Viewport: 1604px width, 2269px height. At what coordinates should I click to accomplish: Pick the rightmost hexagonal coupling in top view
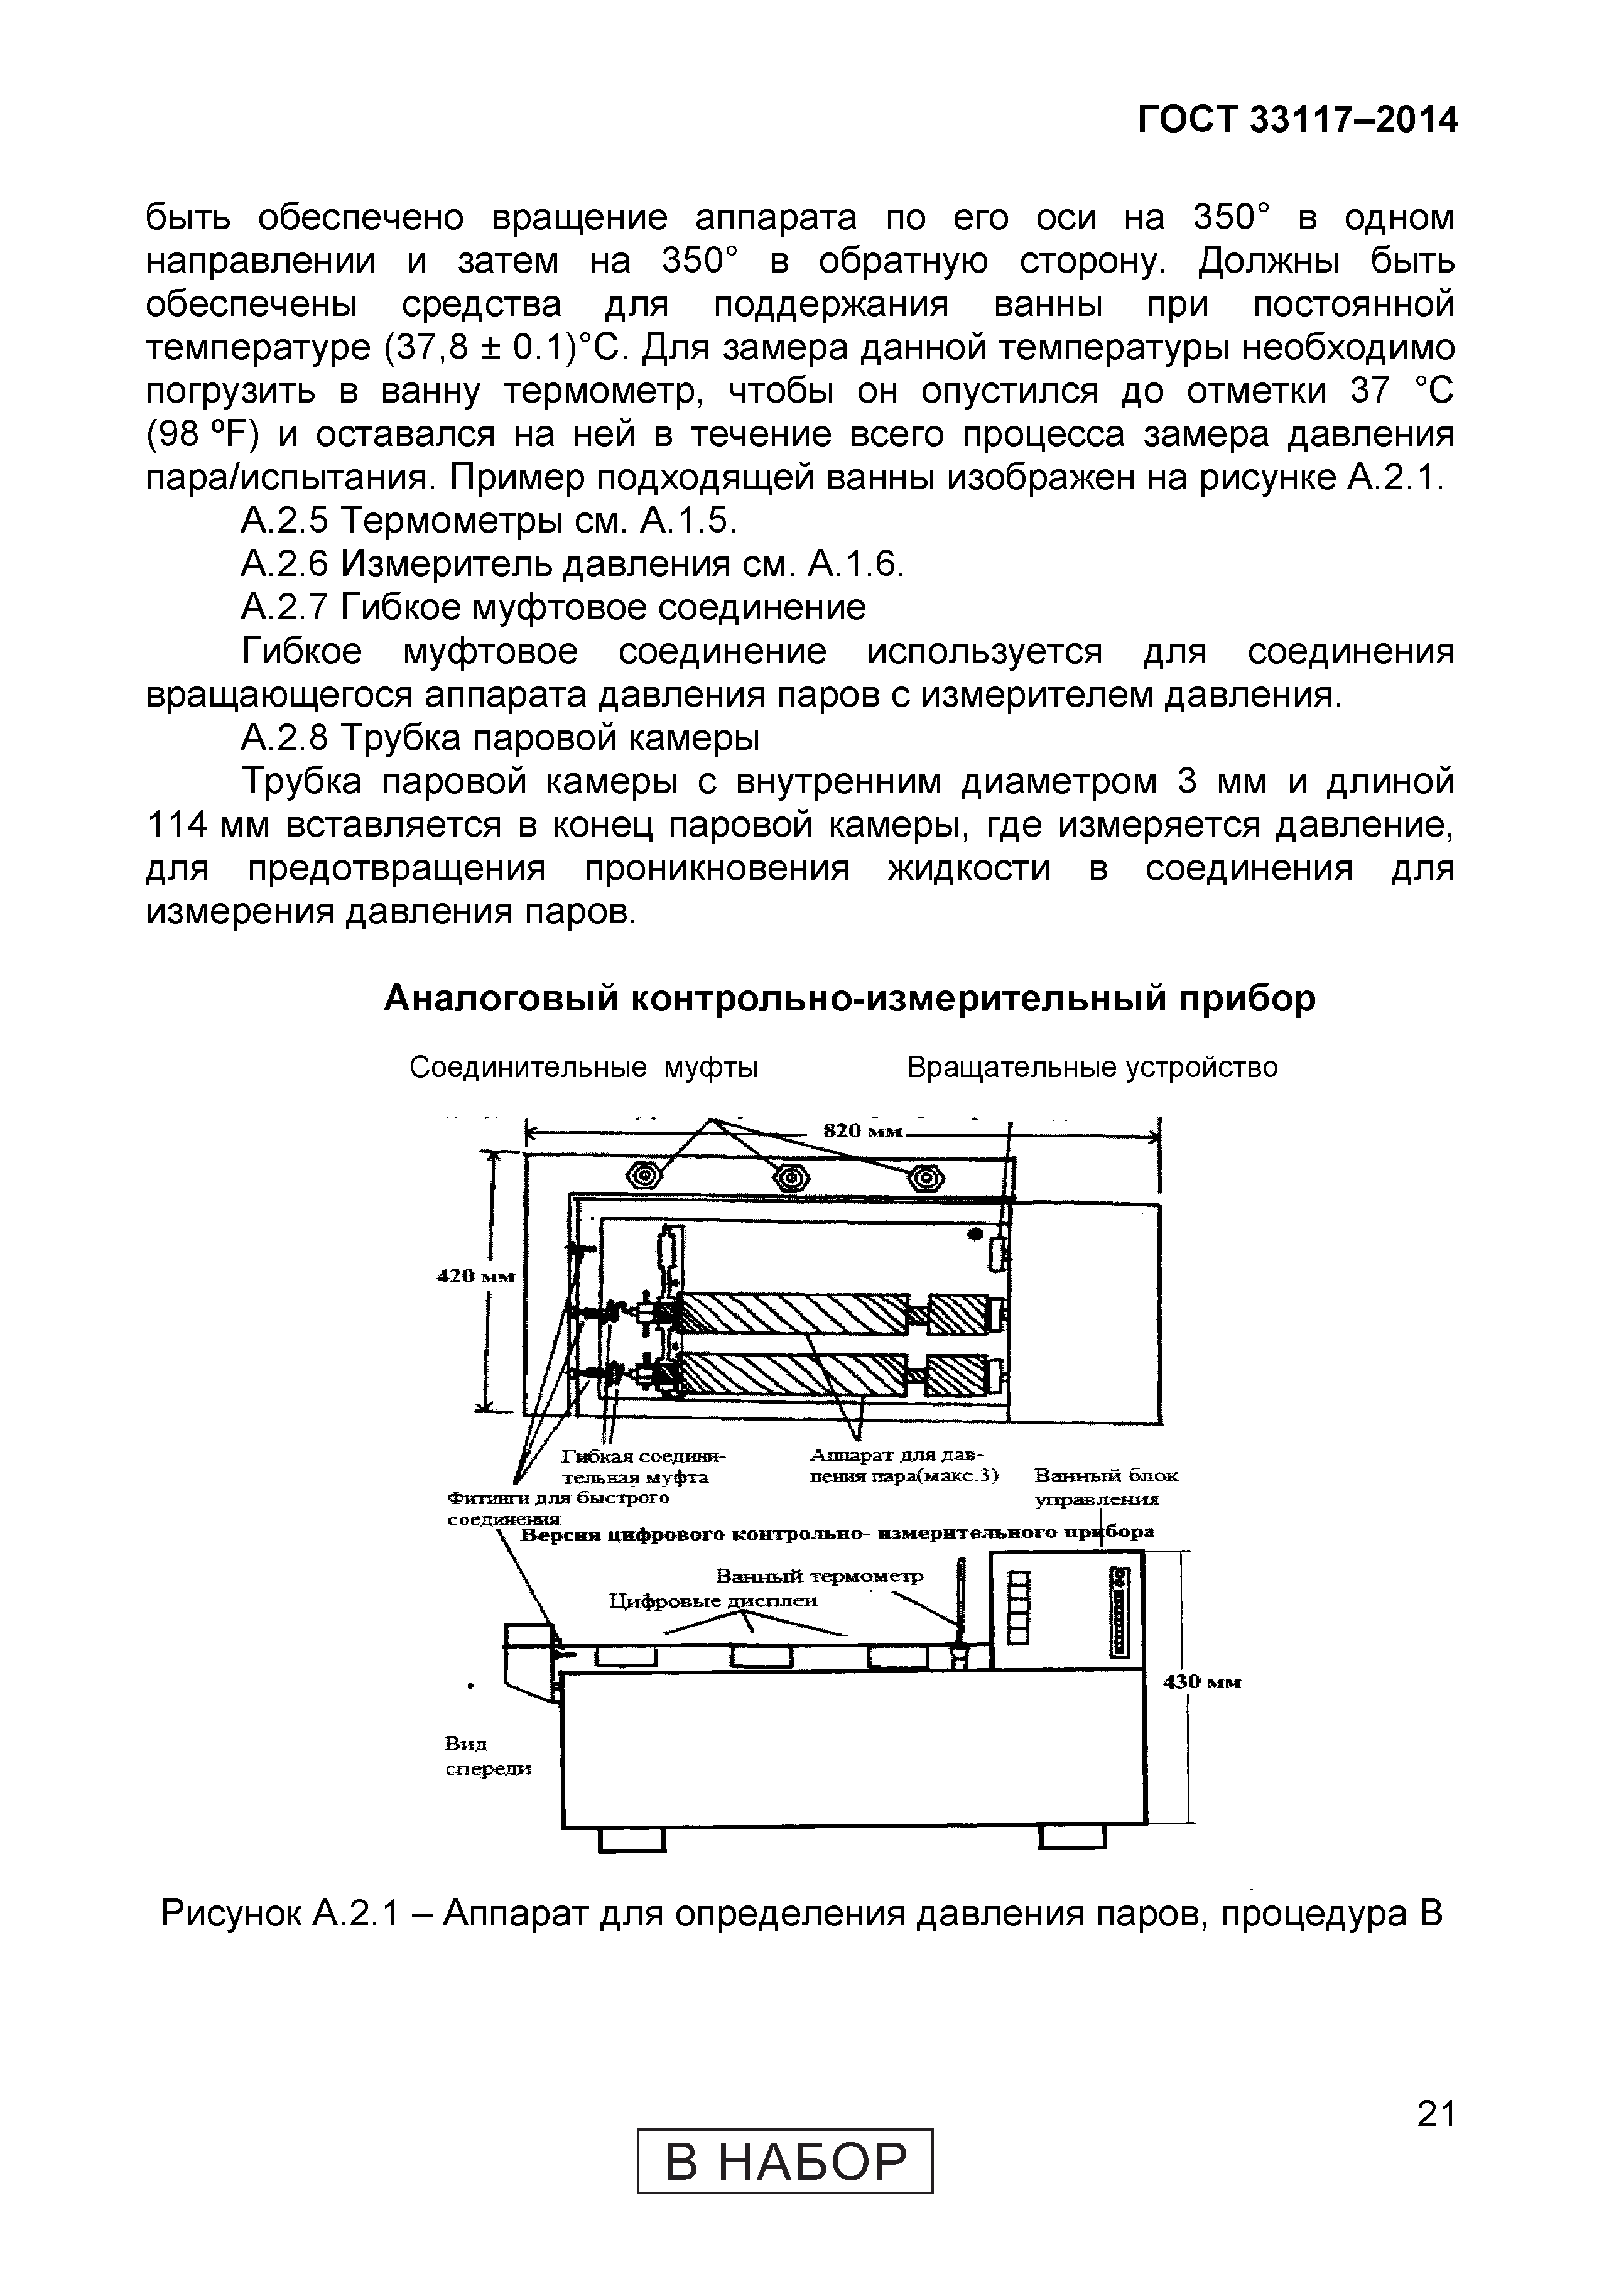click(x=926, y=1178)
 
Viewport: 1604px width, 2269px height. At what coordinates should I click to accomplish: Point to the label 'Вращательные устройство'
click(x=1092, y=1067)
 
